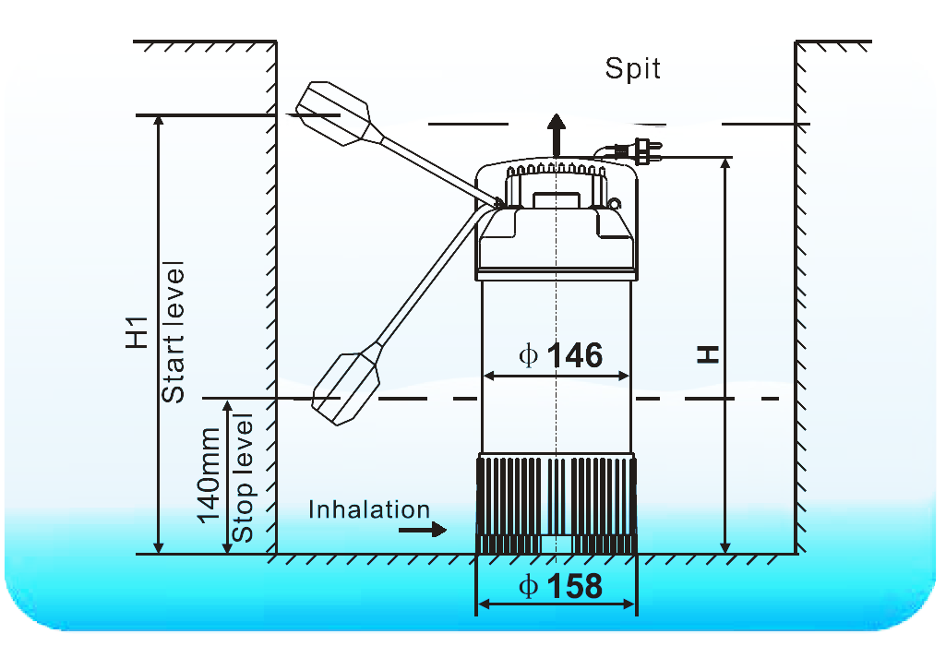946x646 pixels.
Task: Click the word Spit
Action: click(633, 68)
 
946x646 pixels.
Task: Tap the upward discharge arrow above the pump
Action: click(556, 133)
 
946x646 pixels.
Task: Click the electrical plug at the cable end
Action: click(643, 151)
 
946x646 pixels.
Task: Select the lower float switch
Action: click(348, 386)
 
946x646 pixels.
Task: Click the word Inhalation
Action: click(369, 509)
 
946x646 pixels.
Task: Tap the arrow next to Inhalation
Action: click(424, 531)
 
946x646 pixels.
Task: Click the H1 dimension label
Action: click(137, 332)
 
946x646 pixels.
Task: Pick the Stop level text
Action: click(243, 478)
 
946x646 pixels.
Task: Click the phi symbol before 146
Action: click(528, 355)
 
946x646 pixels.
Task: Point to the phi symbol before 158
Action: click(528, 587)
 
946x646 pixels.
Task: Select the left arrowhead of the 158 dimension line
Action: click(481, 605)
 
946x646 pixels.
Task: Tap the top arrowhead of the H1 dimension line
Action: click(159, 123)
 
